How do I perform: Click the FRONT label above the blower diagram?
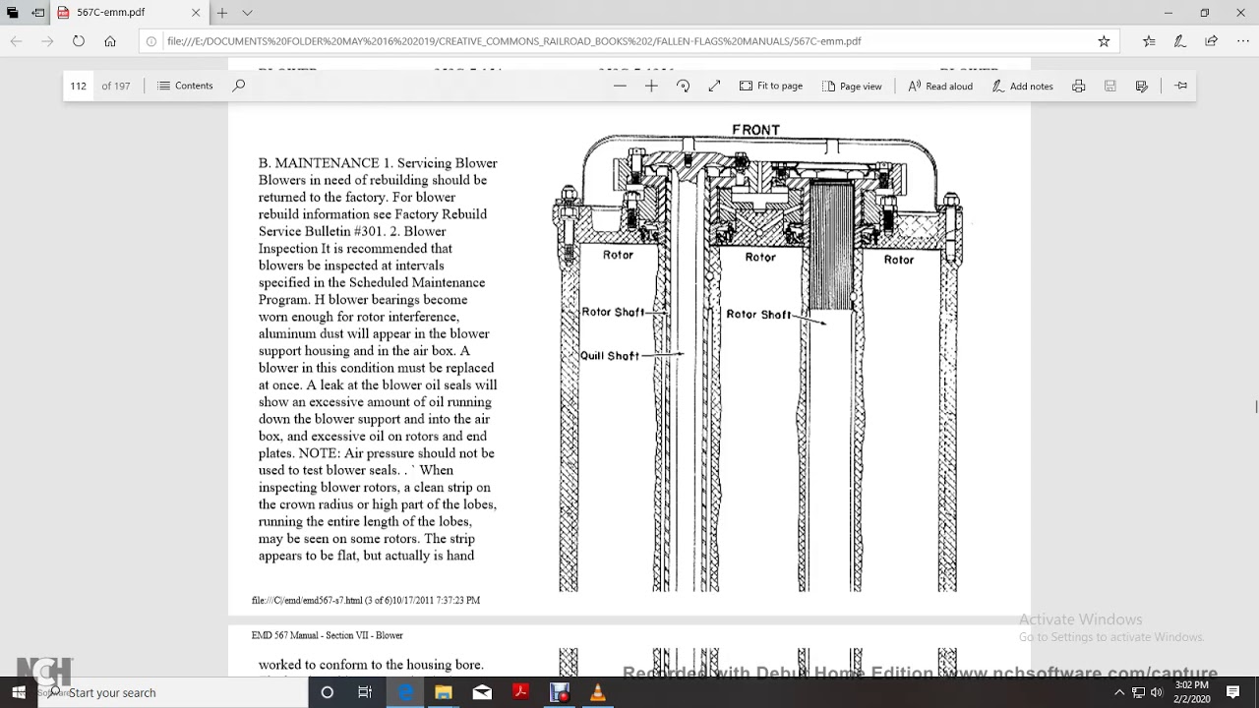click(x=755, y=130)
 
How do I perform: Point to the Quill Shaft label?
click(x=610, y=356)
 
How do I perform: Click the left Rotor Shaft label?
click(x=613, y=312)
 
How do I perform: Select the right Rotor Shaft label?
click(x=758, y=315)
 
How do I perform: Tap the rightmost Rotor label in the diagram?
click(x=898, y=260)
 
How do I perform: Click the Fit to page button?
click(x=771, y=86)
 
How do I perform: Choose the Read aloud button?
click(x=940, y=86)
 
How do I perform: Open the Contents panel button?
click(x=185, y=86)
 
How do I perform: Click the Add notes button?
click(x=1022, y=86)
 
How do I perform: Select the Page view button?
click(x=852, y=86)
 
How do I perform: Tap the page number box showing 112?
click(x=79, y=86)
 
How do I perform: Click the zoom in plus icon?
click(x=651, y=86)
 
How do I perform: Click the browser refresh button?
click(x=79, y=41)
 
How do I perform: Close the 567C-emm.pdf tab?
click(x=196, y=13)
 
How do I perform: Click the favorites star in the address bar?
click(x=1104, y=41)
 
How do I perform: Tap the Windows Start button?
click(x=18, y=692)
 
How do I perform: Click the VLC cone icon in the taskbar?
click(x=597, y=692)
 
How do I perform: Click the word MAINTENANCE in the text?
click(x=327, y=163)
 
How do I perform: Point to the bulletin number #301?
click(x=367, y=231)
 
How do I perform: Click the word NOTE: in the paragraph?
click(x=318, y=453)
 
